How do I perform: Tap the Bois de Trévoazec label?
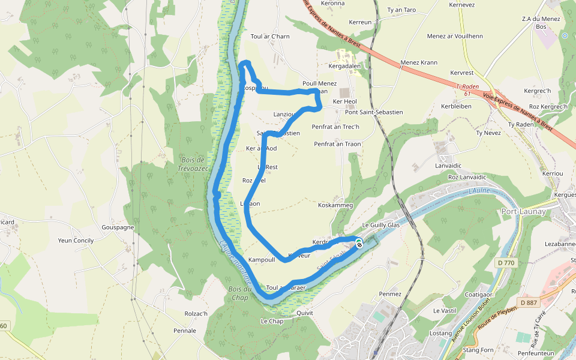point(193,164)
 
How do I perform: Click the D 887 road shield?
point(529,302)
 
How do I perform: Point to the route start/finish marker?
point(359,243)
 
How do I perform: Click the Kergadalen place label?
point(344,67)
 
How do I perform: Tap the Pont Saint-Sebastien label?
point(374,112)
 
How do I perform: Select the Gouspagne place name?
point(118,228)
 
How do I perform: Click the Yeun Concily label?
point(76,241)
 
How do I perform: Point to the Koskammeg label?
point(335,205)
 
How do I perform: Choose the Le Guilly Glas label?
point(380,225)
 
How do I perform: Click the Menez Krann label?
point(419,62)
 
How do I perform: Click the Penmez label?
point(390,294)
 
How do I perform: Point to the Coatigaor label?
point(479,295)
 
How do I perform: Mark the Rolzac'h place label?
point(196,313)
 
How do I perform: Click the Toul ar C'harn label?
point(270,37)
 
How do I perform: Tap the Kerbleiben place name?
point(457,106)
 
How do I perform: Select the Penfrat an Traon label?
point(337,144)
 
